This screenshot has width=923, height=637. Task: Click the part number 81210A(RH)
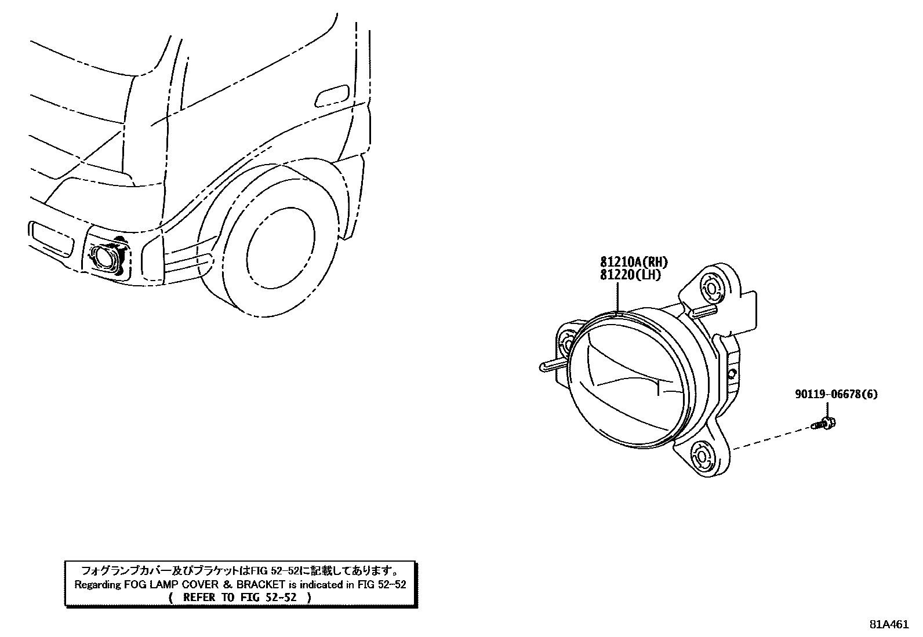click(x=634, y=263)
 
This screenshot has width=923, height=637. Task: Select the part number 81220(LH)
click(x=630, y=275)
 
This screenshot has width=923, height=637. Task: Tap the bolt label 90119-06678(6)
click(x=835, y=395)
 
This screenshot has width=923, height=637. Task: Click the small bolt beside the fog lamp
click(x=825, y=424)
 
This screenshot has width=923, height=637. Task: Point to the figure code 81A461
click(x=888, y=624)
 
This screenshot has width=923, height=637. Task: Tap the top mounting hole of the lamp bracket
click(x=711, y=286)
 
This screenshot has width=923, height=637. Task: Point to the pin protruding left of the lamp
click(x=551, y=365)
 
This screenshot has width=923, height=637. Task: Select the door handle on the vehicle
click(x=331, y=96)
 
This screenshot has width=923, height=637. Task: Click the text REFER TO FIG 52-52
click(x=239, y=597)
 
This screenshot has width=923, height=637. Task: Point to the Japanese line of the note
click(x=239, y=570)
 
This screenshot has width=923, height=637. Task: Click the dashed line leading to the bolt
click(x=771, y=438)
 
